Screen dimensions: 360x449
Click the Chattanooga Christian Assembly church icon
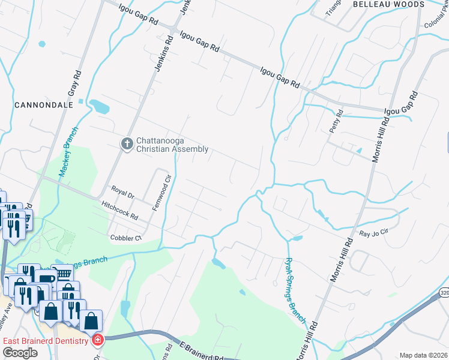click(x=127, y=144)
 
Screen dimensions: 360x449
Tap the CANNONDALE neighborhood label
click(x=44, y=104)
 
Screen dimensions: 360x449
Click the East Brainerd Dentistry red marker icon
click(x=98, y=340)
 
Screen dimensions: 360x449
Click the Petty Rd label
click(x=336, y=122)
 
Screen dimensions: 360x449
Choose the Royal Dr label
click(x=122, y=193)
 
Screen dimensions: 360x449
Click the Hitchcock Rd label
click(x=120, y=209)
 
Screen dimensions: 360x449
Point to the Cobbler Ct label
click(x=125, y=238)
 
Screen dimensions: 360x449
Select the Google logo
click(x=20, y=353)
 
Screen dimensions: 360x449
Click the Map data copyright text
click(x=423, y=355)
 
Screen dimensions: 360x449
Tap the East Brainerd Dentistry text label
click(x=47, y=341)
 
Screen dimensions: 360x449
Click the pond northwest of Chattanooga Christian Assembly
click(x=99, y=107)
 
